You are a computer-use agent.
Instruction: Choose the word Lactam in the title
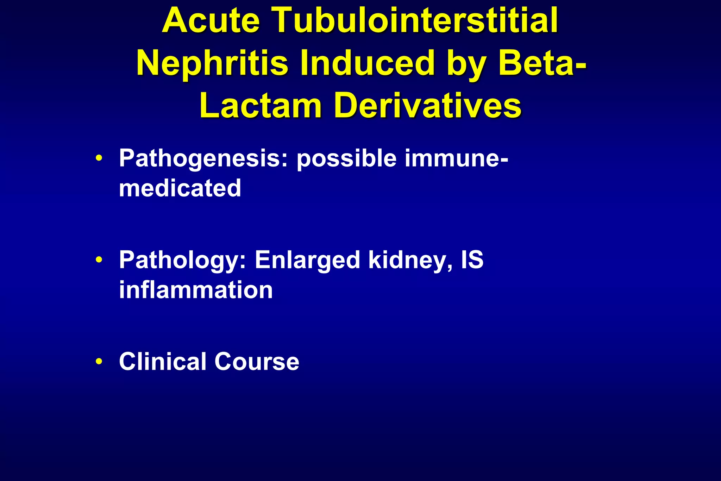261,106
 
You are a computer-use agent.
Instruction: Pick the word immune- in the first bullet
456,158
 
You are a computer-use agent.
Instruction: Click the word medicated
180,188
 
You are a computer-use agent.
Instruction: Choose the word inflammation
196,290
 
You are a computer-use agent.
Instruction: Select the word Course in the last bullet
257,362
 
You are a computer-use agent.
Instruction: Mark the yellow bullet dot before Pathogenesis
99,158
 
